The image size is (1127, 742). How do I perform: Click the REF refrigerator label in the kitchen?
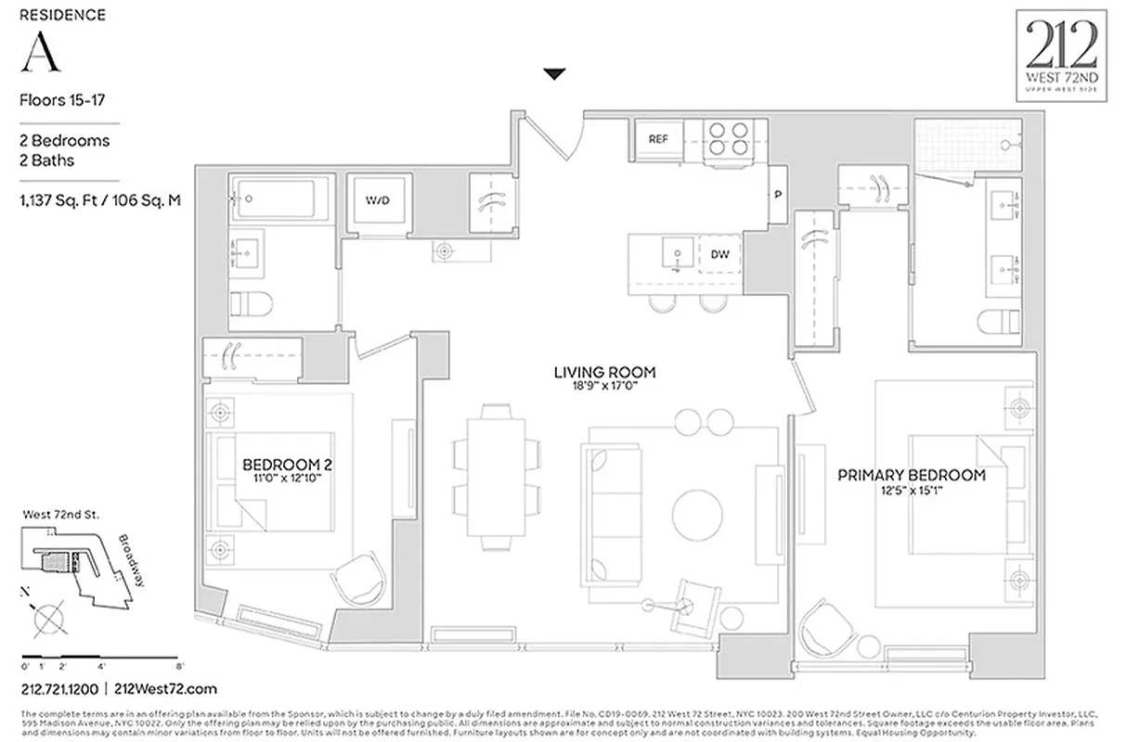(x=658, y=139)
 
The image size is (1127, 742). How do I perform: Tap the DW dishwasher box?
(x=719, y=254)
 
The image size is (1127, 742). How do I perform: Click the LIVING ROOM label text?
(x=604, y=373)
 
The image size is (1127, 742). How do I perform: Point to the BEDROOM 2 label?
(x=275, y=464)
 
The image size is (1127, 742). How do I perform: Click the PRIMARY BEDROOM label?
(x=912, y=475)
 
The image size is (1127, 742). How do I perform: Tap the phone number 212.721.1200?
(x=59, y=689)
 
